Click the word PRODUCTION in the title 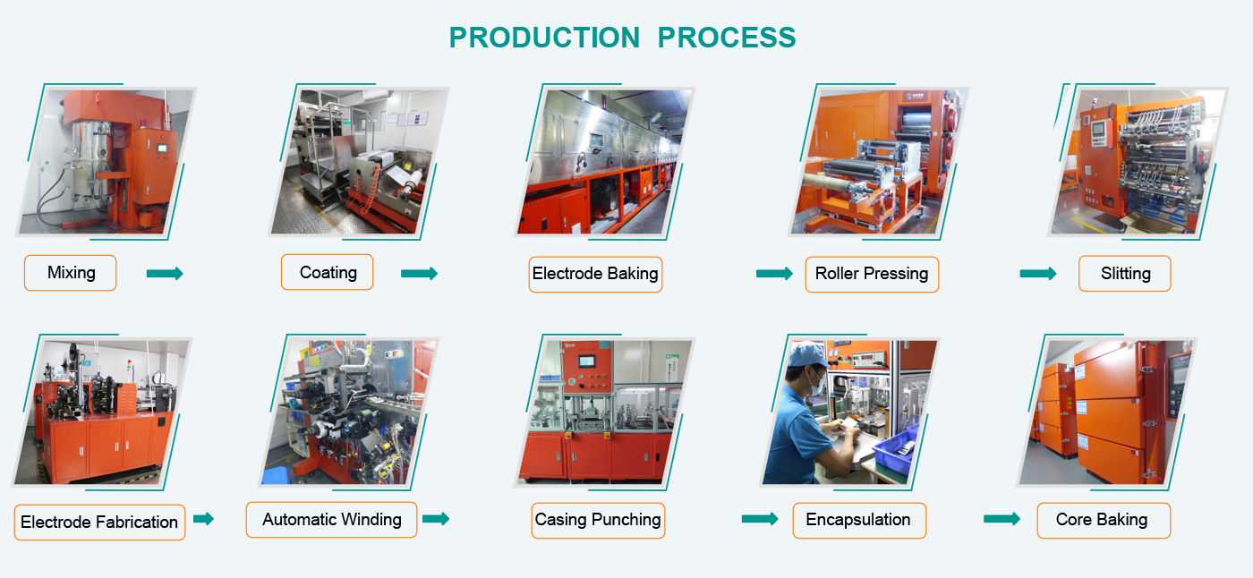pos(544,38)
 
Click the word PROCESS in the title pos(727,38)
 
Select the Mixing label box pos(71,273)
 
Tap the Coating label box pos(328,272)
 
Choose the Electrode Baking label pos(595,274)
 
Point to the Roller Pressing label pos(872,274)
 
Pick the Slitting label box pos(1125,274)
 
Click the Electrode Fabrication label pos(99,523)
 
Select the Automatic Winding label pos(332,519)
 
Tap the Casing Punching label pos(598,521)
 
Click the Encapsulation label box pos(859,521)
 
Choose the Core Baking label pos(1104,521)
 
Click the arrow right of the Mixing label pos(165,274)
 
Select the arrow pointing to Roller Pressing pos(774,274)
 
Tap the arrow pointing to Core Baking pos(1002,519)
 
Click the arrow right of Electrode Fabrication pos(204,519)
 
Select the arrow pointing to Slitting pos(1038,274)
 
